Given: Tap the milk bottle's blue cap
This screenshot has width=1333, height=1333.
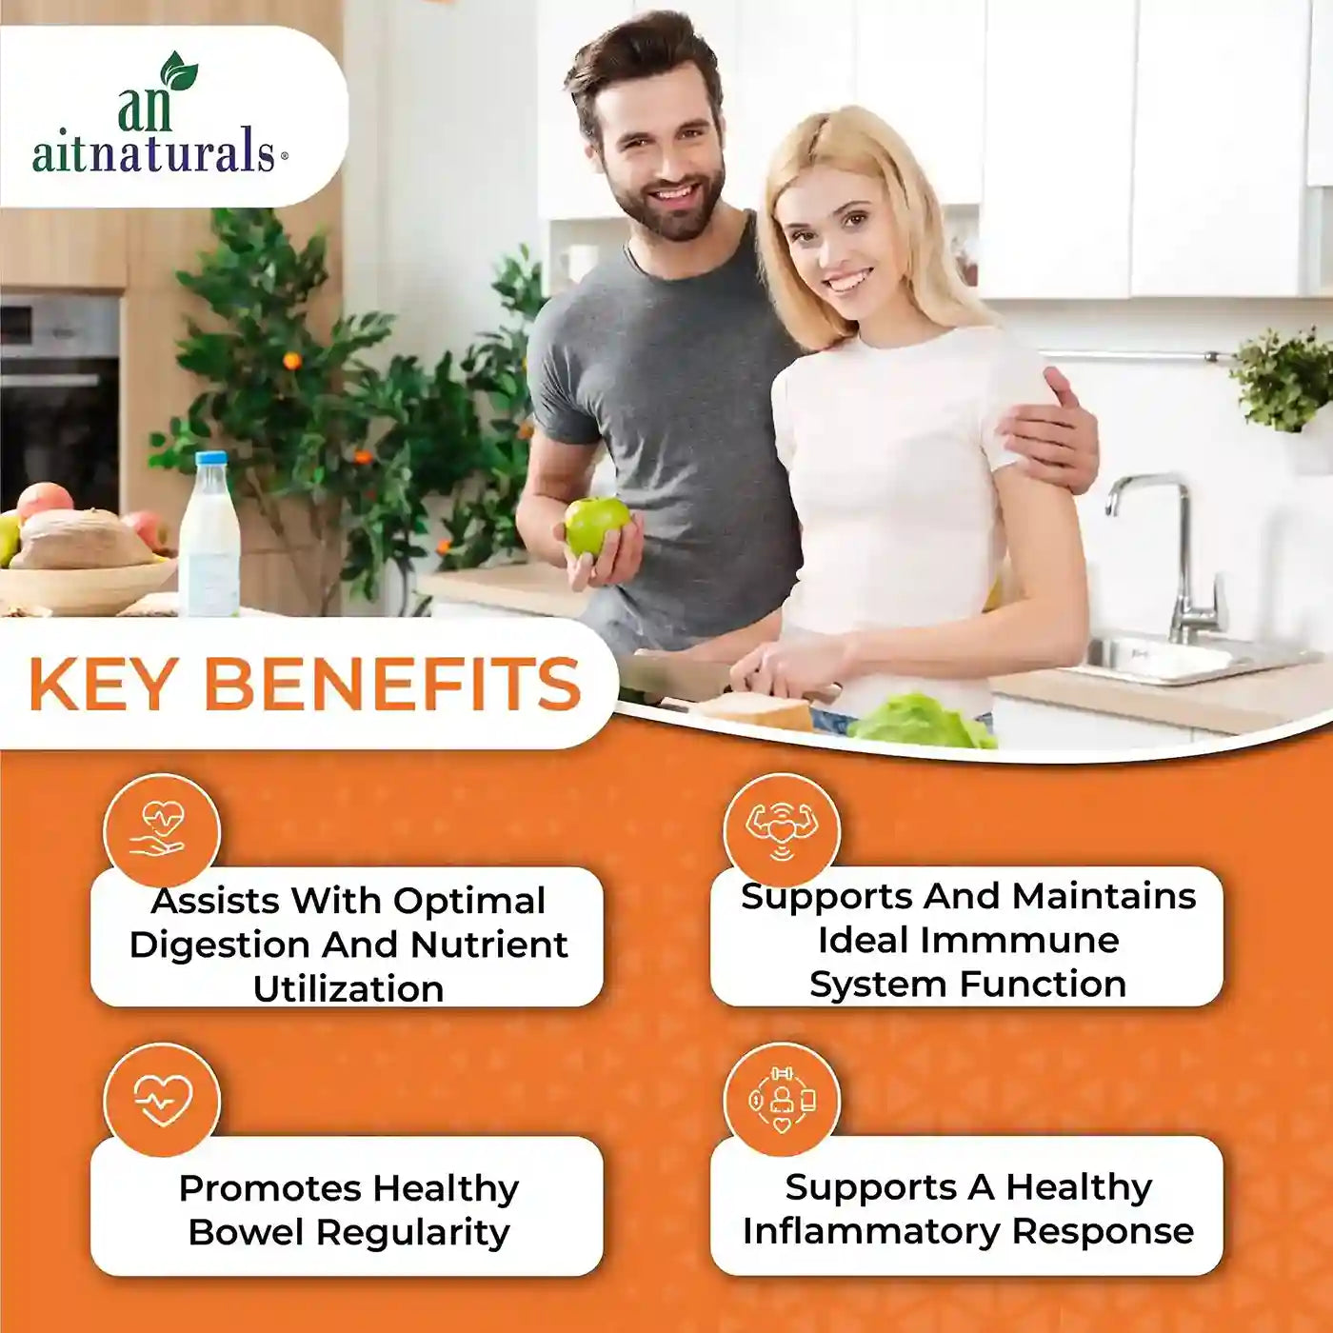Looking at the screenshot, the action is click(x=211, y=459).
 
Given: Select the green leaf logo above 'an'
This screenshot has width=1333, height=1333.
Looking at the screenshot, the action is click(x=179, y=71).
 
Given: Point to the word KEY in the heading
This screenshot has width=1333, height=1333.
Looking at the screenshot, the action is click(x=101, y=685).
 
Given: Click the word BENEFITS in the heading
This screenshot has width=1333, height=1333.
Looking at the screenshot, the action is click(x=392, y=685).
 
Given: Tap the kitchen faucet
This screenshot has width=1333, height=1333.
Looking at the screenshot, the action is click(x=1163, y=553).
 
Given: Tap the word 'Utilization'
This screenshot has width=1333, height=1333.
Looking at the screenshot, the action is click(x=348, y=988).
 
